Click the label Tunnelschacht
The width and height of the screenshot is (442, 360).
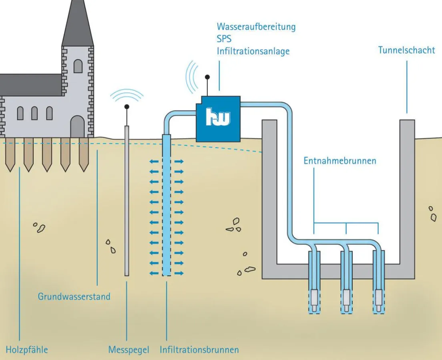(x=406, y=50)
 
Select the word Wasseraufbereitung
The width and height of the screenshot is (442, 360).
(x=256, y=27)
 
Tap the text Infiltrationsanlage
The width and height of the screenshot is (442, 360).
(x=253, y=51)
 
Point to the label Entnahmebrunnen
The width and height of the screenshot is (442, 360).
(x=340, y=161)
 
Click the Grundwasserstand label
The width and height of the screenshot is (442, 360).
(x=74, y=296)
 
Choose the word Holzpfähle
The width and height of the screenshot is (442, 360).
(x=27, y=350)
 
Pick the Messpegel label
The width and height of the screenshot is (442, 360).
(x=129, y=350)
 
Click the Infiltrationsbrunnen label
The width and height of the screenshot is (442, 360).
(x=199, y=350)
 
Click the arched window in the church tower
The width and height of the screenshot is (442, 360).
(x=78, y=66)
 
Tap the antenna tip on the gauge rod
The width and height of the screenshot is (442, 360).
(x=127, y=107)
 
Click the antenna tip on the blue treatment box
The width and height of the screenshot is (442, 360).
(x=207, y=76)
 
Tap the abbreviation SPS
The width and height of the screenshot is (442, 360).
(x=224, y=39)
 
